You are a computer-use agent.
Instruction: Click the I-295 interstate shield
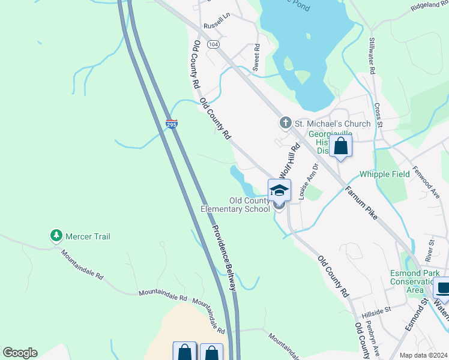click(x=172, y=124)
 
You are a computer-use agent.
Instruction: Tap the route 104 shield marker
click(x=213, y=45)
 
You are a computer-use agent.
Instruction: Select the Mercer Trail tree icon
click(x=56, y=236)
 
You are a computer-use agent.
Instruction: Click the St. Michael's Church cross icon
click(x=286, y=124)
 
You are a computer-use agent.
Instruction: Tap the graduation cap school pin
click(x=279, y=190)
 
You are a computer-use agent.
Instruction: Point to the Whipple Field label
click(x=384, y=174)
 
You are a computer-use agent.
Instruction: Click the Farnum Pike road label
click(x=361, y=203)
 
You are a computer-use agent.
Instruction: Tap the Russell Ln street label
click(x=217, y=23)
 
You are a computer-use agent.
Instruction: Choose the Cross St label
click(x=378, y=115)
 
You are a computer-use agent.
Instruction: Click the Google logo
click(x=20, y=353)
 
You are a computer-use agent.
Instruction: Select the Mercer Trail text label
click(x=88, y=236)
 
